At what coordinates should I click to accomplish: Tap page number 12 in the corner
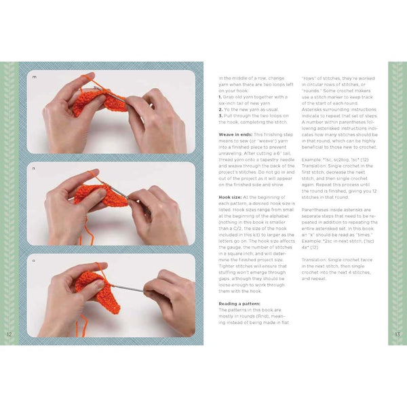[8, 334]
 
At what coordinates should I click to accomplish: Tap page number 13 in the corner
[398, 334]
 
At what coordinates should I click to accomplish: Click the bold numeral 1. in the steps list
[220, 97]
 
